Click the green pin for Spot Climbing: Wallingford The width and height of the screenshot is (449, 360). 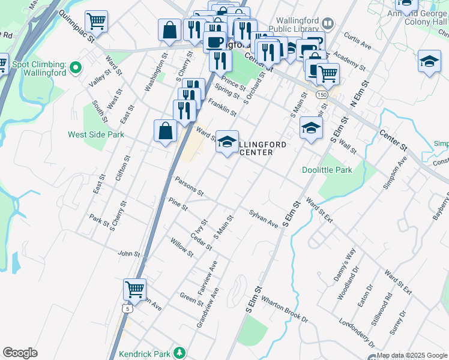[x=76, y=67]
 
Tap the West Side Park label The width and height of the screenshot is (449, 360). [x=96, y=134]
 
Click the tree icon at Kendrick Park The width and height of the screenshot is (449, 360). [x=178, y=352]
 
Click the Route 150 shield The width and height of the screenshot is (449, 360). [x=322, y=95]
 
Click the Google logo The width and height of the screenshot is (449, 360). [x=20, y=352]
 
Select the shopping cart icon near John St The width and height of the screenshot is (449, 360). [x=134, y=289]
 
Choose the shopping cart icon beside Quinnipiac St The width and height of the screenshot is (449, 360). [x=96, y=22]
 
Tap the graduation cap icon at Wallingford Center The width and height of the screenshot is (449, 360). [x=227, y=142]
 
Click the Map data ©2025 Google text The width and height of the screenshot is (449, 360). [x=412, y=355]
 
